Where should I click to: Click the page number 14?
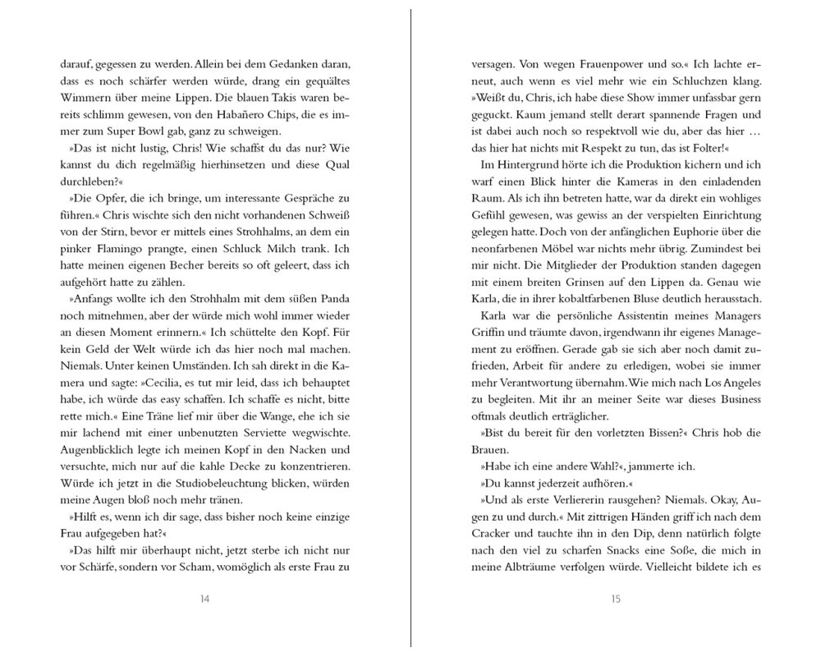204,599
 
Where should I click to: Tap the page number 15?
616,599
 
